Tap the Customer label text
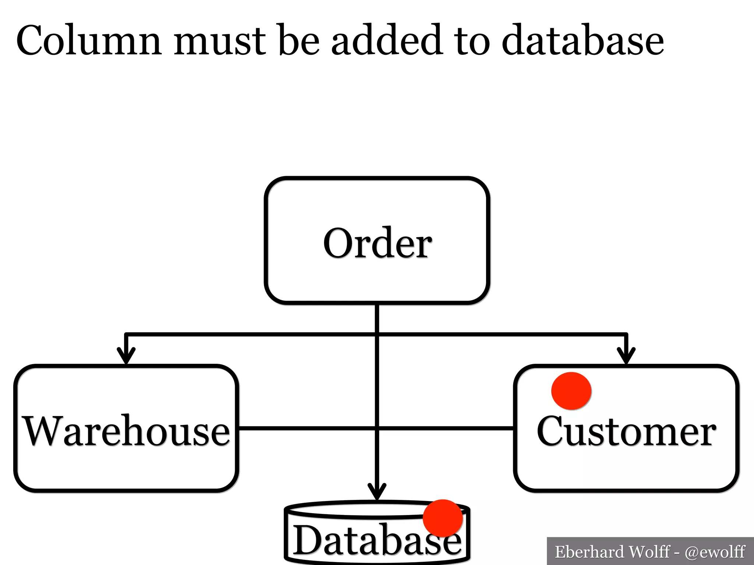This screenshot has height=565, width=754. pos(626,431)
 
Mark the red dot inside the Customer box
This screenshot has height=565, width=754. pos(571,391)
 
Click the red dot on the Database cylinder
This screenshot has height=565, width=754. pos(443,518)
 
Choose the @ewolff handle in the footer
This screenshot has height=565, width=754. pos(715,552)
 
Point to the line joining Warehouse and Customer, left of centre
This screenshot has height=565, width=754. pos(306,428)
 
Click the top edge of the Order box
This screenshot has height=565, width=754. pos(377,179)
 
